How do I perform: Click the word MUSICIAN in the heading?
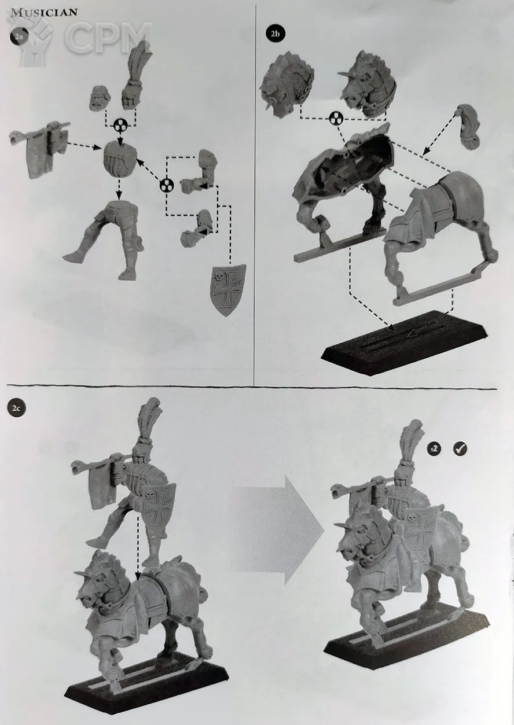(x=44, y=12)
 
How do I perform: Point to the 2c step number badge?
(x=17, y=408)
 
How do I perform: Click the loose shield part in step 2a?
(x=228, y=290)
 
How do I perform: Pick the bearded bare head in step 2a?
(x=100, y=99)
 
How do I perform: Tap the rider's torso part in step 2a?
(x=120, y=159)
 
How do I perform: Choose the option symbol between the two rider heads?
(x=120, y=124)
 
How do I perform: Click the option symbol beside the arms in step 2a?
(x=167, y=186)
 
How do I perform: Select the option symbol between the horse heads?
(x=336, y=119)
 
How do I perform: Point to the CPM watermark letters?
(x=108, y=38)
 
